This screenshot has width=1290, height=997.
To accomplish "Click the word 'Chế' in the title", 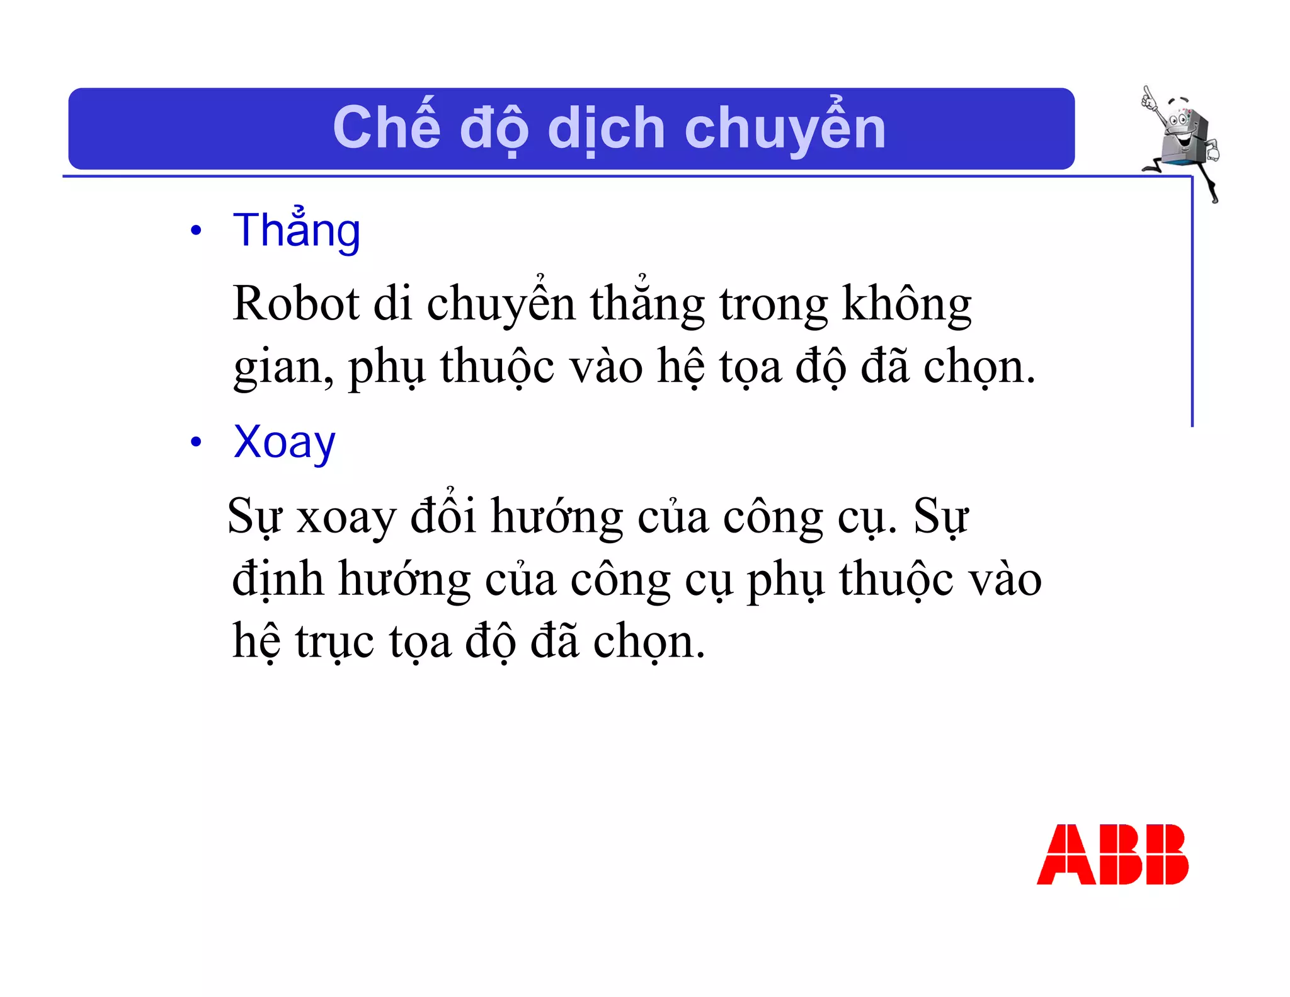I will pos(386,128).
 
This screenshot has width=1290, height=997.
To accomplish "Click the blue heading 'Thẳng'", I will pos(297,231).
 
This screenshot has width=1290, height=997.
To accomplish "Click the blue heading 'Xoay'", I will pos(284,443).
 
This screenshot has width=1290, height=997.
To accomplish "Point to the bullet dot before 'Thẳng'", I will pos(196,231).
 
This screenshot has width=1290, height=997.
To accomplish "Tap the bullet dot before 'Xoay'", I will pos(196,442).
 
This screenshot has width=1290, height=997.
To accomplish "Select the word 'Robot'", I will pos(295,304).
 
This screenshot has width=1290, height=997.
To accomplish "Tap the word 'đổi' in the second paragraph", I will pos(443,515).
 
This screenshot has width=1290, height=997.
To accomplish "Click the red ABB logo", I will pos(1112,854).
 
